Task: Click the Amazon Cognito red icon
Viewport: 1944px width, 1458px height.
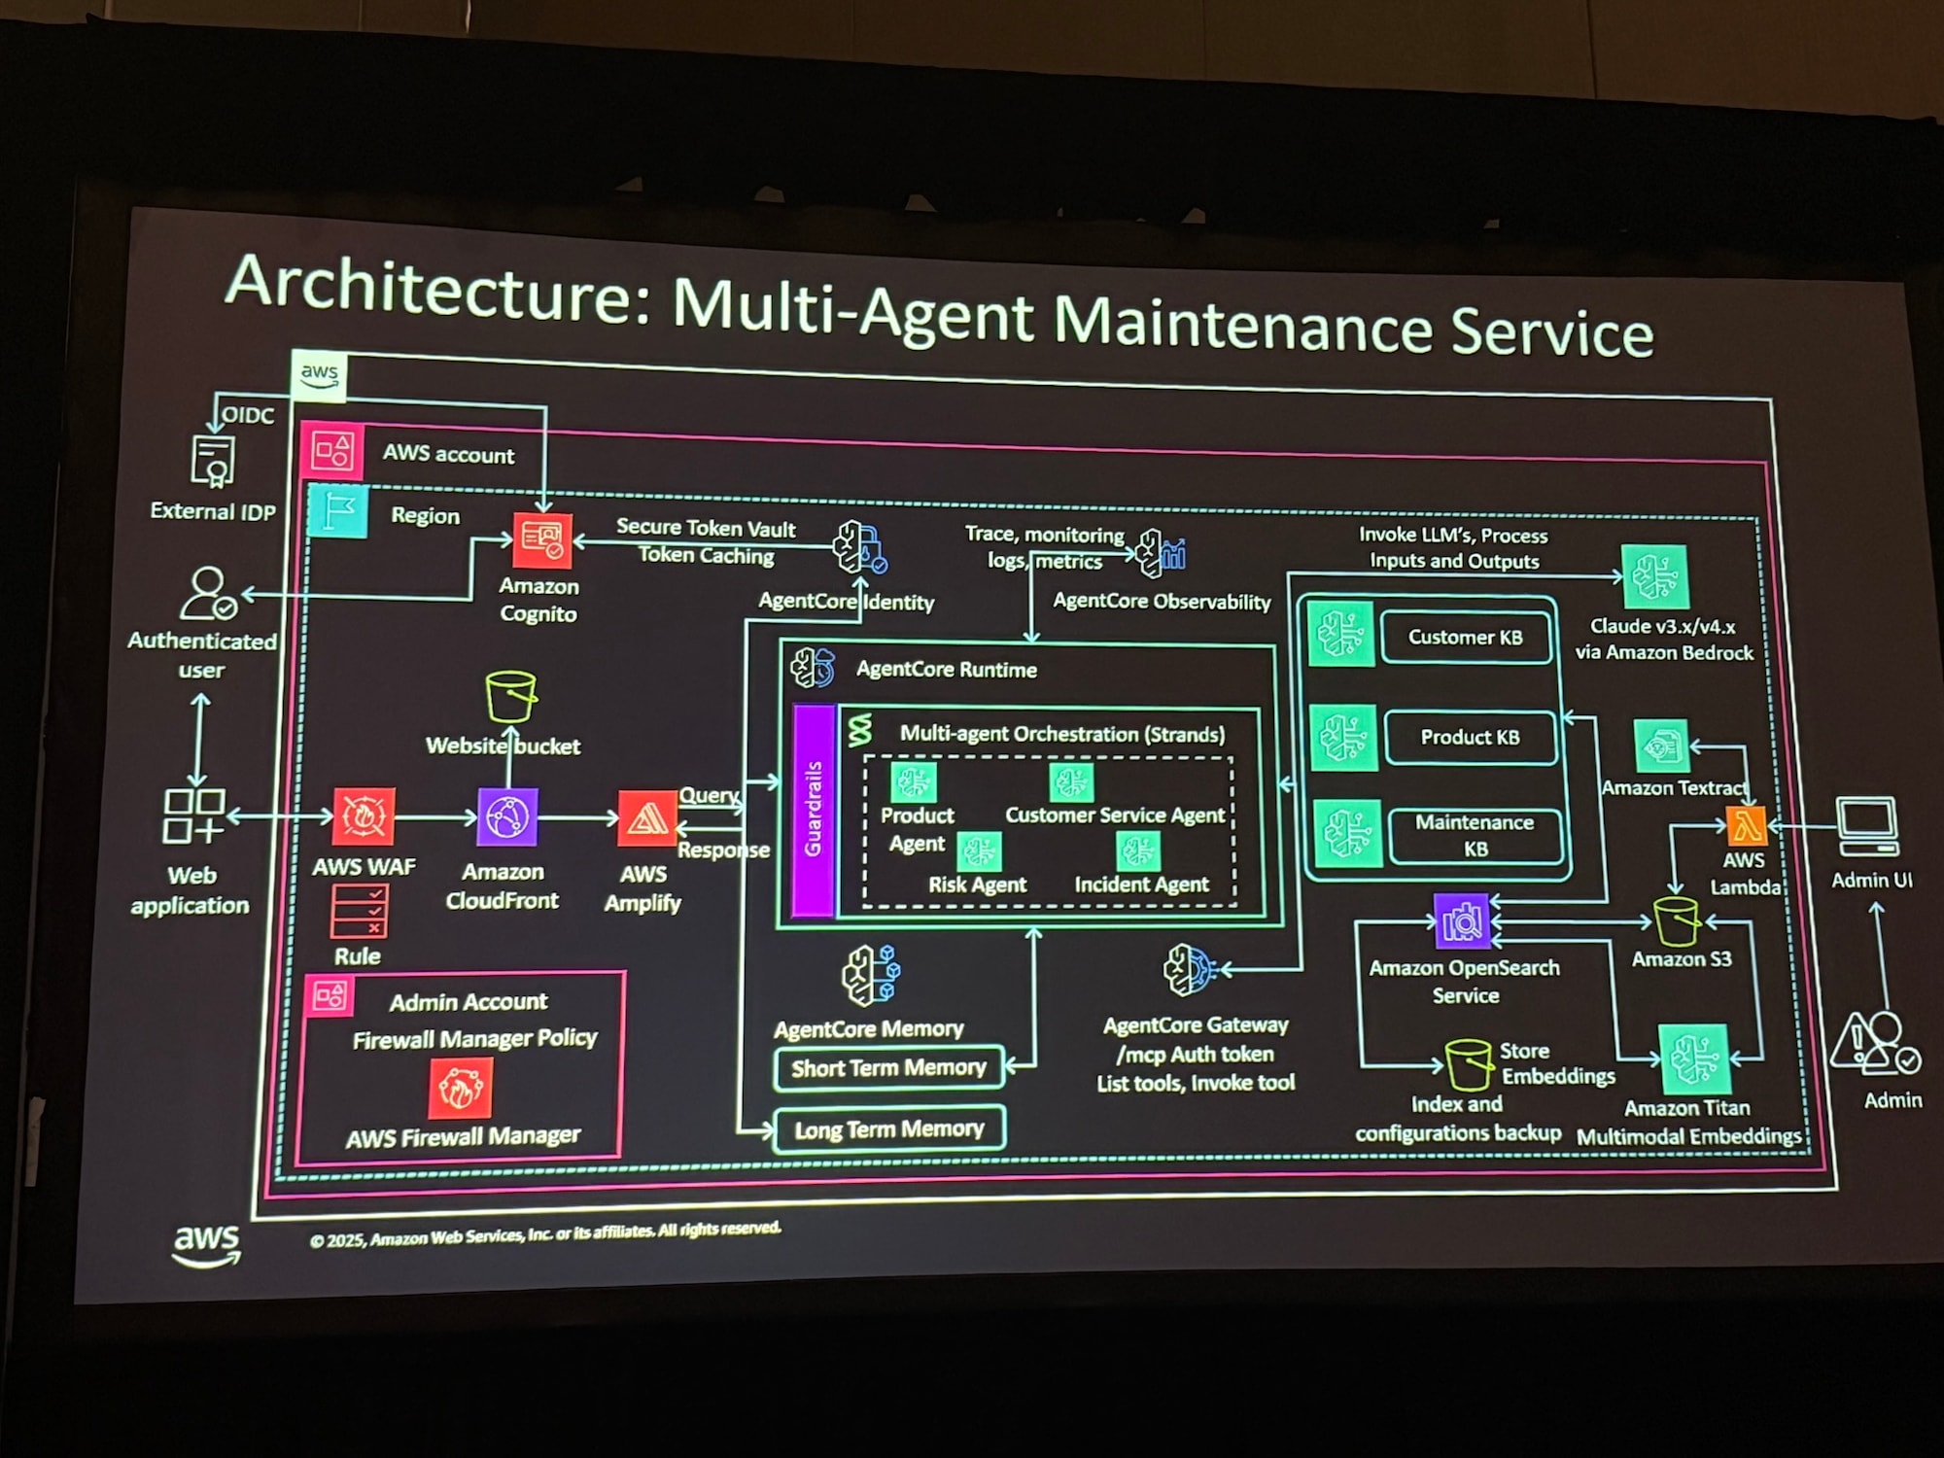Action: (x=542, y=540)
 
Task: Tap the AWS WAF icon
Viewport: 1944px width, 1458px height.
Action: (x=364, y=816)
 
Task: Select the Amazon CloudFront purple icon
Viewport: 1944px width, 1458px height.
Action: (x=507, y=816)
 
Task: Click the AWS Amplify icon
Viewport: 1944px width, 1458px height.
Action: (x=646, y=818)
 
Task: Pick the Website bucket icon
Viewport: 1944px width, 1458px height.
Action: (x=510, y=697)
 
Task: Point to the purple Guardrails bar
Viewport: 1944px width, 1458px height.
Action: (x=814, y=810)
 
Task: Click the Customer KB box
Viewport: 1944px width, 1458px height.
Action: (x=1466, y=638)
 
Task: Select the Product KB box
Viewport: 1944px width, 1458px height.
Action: (x=1470, y=738)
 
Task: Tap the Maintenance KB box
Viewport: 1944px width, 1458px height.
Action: (x=1475, y=835)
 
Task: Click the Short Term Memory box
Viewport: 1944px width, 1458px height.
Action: (x=888, y=1068)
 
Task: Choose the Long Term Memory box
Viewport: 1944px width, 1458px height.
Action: (x=888, y=1129)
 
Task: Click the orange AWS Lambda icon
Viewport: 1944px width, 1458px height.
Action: (x=1746, y=826)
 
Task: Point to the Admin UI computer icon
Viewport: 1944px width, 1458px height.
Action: (x=1866, y=826)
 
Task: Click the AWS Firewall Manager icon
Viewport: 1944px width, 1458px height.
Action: (x=460, y=1088)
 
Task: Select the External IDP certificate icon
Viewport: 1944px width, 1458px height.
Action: (x=213, y=461)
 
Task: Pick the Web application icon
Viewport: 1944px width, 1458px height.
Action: (x=192, y=816)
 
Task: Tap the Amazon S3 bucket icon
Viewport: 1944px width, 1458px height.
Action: (x=1676, y=920)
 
